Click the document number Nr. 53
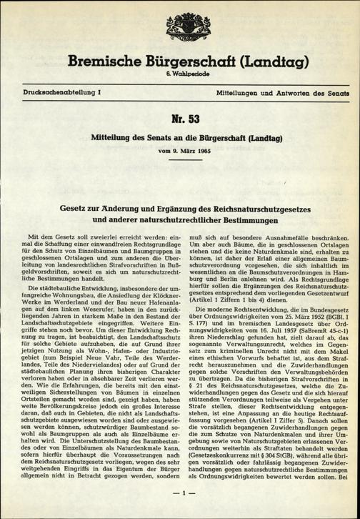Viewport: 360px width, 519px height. (179, 117)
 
